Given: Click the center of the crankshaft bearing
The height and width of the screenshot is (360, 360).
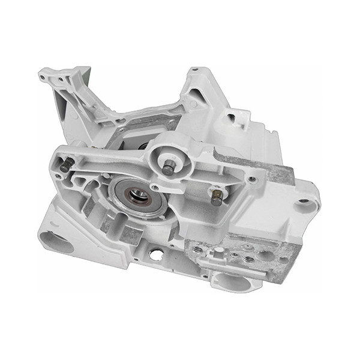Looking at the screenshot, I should point(139,194).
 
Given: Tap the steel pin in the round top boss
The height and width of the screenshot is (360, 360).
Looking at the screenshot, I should point(169,168).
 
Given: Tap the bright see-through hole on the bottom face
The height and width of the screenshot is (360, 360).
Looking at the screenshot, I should point(155,255).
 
